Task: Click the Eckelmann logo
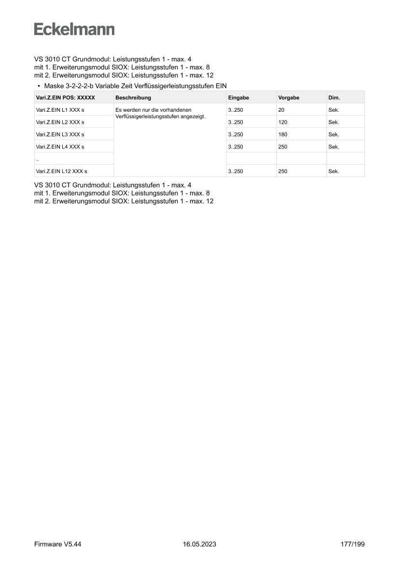point(74,29)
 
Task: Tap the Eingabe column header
point(238,98)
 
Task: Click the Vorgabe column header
point(289,98)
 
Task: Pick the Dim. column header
point(334,98)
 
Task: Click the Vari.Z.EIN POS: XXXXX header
point(66,98)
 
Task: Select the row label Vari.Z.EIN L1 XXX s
point(60,110)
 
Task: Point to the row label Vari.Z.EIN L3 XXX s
point(60,134)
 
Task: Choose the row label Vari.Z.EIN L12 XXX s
point(62,171)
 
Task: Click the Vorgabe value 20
point(281,110)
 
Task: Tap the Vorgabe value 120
point(283,122)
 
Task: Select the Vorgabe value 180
point(283,134)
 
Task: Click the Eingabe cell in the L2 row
point(235,122)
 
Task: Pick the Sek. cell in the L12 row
point(334,171)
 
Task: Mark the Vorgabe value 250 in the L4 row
point(283,147)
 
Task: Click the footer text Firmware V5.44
point(57,544)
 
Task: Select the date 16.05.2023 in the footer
point(199,544)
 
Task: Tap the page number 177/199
point(352,544)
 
